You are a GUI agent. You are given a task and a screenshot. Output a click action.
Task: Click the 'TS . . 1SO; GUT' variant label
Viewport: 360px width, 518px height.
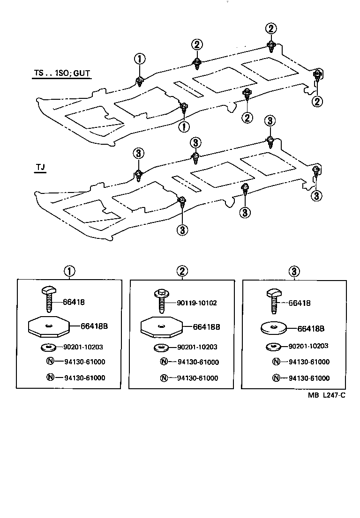pos(61,74)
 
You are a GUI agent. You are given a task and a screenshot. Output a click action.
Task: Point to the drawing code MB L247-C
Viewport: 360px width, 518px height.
pos(327,395)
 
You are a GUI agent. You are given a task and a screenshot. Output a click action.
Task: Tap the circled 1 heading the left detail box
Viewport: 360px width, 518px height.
pos(69,271)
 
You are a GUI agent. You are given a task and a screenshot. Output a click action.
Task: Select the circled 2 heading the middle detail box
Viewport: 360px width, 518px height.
pos(182,271)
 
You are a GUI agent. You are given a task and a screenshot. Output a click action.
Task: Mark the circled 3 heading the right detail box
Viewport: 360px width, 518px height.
pos(294,271)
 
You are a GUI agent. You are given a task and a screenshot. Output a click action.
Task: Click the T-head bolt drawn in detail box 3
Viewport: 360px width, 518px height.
pos(274,300)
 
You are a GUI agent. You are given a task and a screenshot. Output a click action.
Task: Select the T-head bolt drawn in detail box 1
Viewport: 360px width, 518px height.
pos(49,300)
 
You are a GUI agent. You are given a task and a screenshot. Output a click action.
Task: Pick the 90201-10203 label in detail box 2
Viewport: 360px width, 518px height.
pos(197,347)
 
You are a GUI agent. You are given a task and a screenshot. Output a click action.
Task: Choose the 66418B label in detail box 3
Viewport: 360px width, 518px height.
pos(311,328)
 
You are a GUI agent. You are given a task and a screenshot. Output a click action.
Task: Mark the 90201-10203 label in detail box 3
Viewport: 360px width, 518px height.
pos(308,346)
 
